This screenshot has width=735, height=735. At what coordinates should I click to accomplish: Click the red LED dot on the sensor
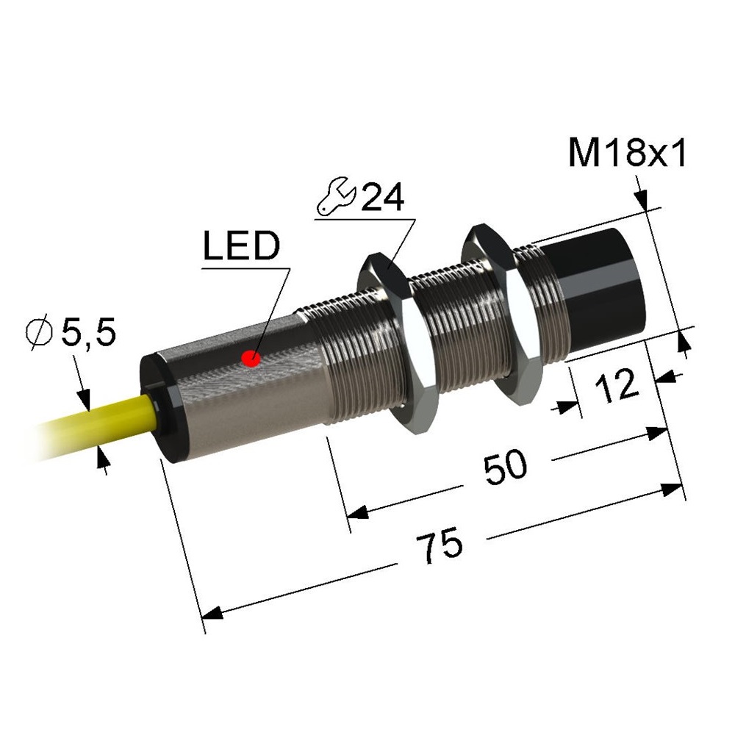(x=251, y=359)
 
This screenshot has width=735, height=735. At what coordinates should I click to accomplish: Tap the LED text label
(x=241, y=245)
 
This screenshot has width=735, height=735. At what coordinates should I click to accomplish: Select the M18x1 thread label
(x=627, y=153)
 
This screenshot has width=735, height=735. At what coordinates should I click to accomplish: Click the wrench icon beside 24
(x=337, y=196)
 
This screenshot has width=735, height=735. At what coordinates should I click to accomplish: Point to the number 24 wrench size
(x=382, y=197)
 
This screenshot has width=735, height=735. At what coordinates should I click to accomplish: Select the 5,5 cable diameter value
(x=89, y=333)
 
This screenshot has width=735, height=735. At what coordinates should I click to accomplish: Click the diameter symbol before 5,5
(x=40, y=333)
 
